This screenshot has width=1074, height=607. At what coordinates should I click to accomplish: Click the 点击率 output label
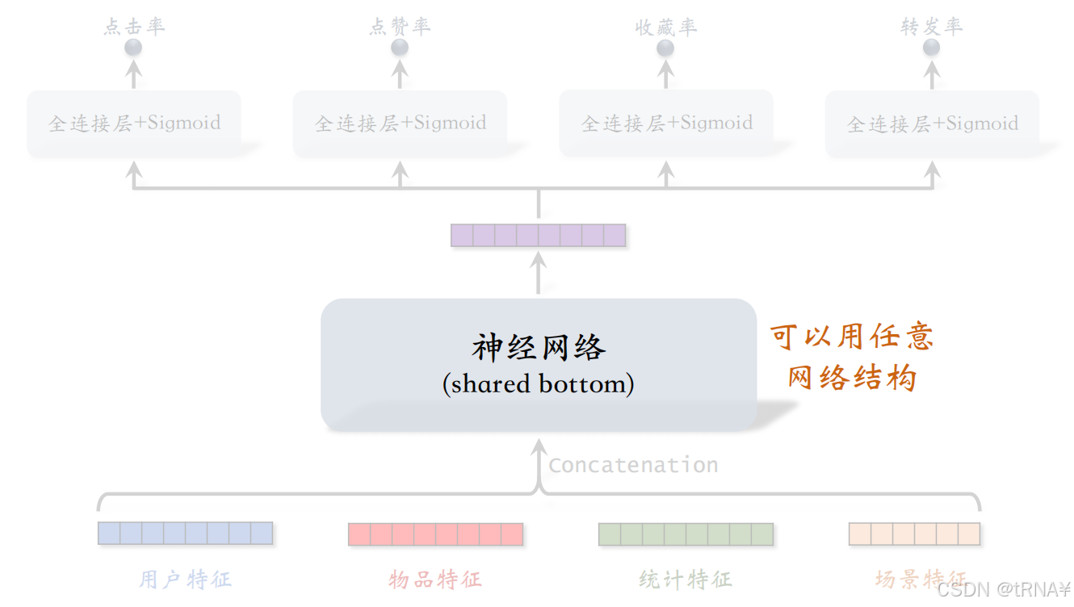(x=134, y=27)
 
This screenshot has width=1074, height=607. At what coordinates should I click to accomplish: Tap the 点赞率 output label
(x=400, y=27)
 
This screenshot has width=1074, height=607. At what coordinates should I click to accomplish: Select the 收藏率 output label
(x=665, y=27)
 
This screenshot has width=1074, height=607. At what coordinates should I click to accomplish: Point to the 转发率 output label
(x=931, y=27)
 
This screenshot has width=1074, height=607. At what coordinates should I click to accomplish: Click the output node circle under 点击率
(x=133, y=48)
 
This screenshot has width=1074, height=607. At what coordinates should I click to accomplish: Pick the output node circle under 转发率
(x=931, y=48)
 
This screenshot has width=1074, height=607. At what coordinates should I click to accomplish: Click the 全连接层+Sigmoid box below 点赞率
(x=400, y=123)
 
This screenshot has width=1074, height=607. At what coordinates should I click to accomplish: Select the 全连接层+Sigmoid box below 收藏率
(x=666, y=123)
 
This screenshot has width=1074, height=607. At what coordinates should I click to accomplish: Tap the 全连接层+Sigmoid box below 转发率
(x=932, y=123)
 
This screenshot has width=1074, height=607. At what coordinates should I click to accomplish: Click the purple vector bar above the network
(x=538, y=235)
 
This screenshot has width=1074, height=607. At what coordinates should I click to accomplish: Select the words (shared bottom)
(x=538, y=383)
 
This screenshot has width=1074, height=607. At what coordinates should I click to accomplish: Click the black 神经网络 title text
(x=538, y=349)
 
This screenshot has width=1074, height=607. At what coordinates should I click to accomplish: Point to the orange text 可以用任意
(x=852, y=337)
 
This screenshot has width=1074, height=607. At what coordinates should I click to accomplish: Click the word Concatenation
(x=633, y=465)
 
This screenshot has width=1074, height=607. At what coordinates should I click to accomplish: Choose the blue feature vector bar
(x=185, y=534)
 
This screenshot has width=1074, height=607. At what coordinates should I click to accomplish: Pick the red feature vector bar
(x=435, y=534)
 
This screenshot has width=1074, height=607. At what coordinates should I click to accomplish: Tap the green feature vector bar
(x=686, y=534)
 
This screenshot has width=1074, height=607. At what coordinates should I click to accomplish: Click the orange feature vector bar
(x=914, y=534)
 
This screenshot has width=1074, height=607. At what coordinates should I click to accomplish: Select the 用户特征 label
(x=185, y=579)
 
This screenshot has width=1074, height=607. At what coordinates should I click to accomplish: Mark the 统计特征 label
(x=686, y=579)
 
